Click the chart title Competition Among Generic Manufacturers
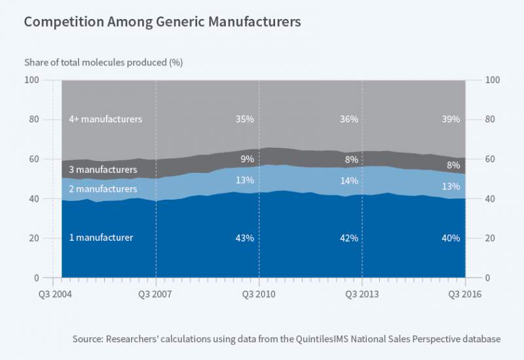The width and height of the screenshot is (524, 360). coord(162,22)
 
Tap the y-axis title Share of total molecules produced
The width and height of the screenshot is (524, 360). coord(103,63)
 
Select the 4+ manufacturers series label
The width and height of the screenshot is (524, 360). coord(105,119)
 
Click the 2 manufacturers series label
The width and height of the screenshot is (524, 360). coord(103,189)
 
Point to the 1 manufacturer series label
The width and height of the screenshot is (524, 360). coord(101,238)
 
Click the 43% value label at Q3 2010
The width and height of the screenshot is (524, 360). coord(245,238)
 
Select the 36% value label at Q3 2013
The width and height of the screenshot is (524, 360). coord(349,119)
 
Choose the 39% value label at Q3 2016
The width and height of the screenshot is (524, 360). coord(451,119)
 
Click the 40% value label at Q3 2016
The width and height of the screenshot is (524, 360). coord(451,238)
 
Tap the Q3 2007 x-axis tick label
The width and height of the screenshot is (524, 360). coord(156,294)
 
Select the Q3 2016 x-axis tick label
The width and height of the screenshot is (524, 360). coord(464,294)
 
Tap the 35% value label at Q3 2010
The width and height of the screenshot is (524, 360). coord(245,119)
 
